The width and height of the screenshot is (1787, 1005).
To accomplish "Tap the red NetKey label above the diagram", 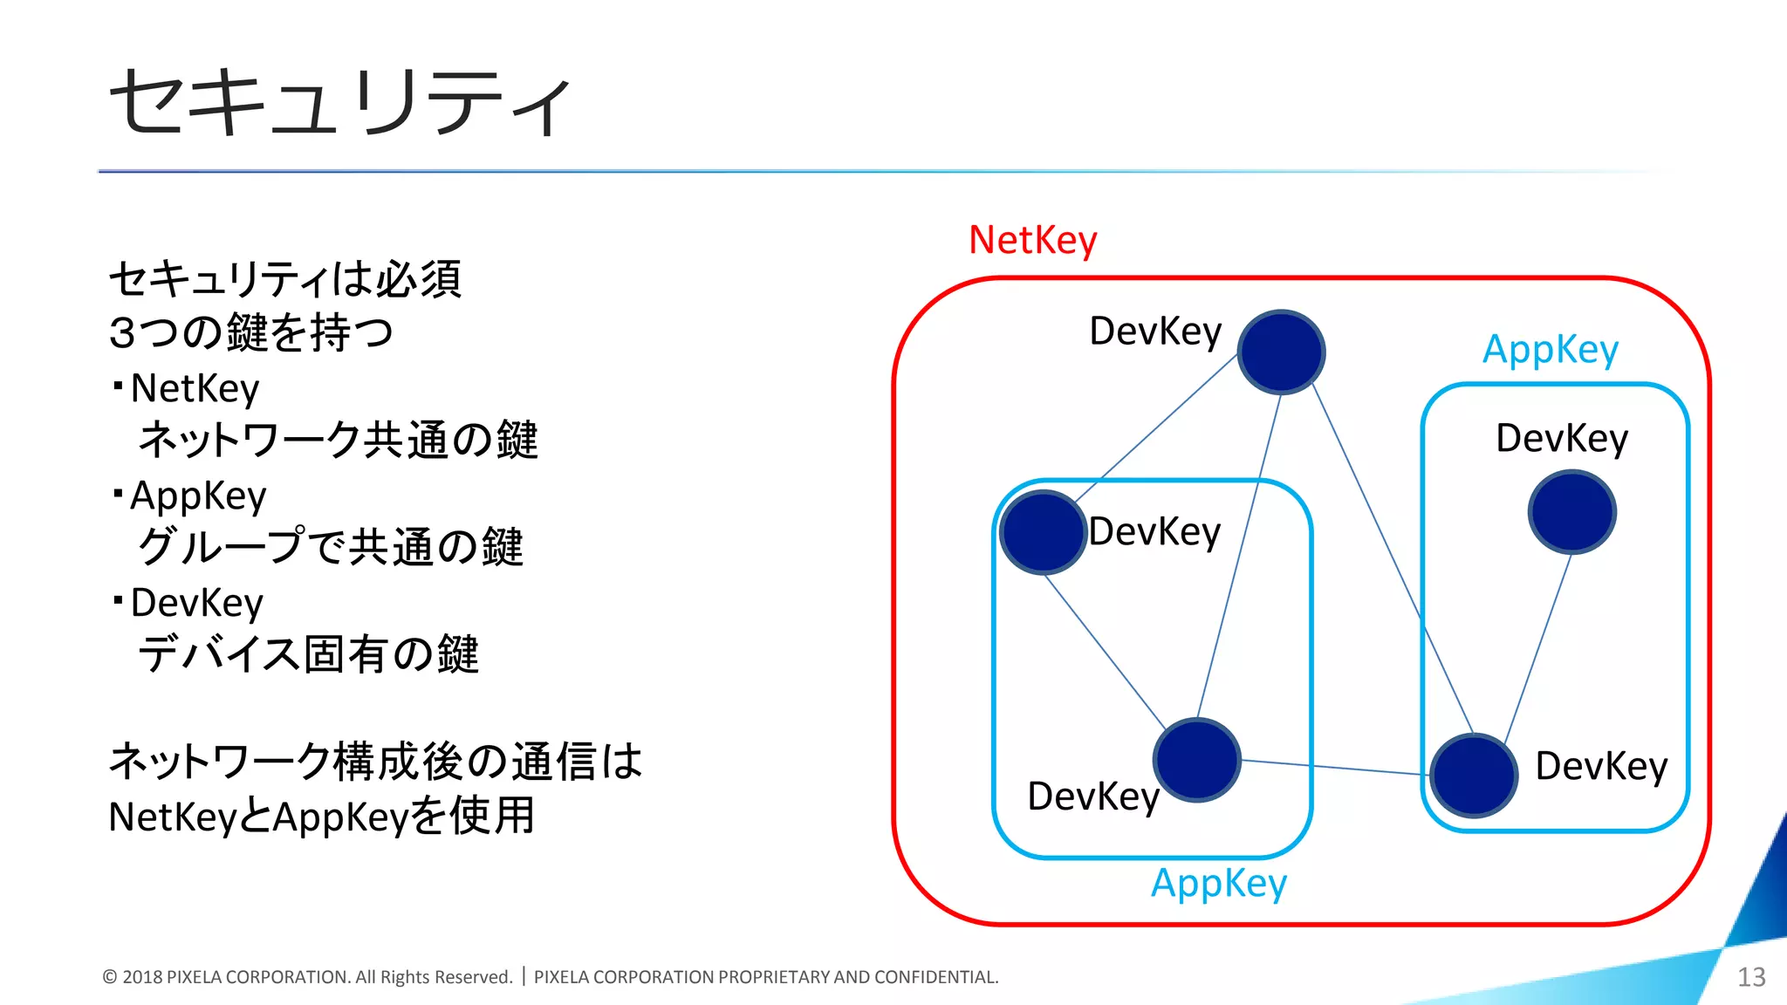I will (x=1032, y=240).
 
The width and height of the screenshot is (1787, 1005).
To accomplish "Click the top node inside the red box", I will (x=1281, y=352).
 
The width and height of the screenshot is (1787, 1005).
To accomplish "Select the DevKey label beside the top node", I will (x=1155, y=332).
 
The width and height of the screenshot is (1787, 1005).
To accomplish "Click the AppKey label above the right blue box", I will (x=1551, y=350).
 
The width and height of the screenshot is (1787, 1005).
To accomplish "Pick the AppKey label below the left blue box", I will (x=1219, y=884).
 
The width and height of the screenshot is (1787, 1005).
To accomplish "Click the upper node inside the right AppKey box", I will (x=1571, y=512).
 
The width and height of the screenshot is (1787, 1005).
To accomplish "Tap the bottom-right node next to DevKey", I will (x=1474, y=776).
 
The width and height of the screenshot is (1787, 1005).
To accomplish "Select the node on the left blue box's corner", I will (x=1043, y=531).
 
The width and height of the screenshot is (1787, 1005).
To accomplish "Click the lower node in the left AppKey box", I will (x=1196, y=760).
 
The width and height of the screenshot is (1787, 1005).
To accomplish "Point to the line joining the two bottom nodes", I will (x=1335, y=767).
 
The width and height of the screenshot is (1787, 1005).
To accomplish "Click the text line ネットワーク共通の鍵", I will (x=338, y=440).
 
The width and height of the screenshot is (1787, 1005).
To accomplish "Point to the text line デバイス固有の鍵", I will (x=308, y=654).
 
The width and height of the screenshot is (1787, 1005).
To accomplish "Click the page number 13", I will (x=1750, y=977).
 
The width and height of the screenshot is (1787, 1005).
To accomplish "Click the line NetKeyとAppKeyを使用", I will (x=321, y=817).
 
